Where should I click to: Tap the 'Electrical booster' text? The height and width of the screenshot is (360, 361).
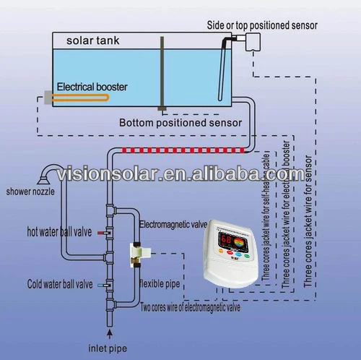[92, 87]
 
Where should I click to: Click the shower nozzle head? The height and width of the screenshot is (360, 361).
[48, 171]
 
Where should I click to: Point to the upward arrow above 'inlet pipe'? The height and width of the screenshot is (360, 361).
[109, 333]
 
